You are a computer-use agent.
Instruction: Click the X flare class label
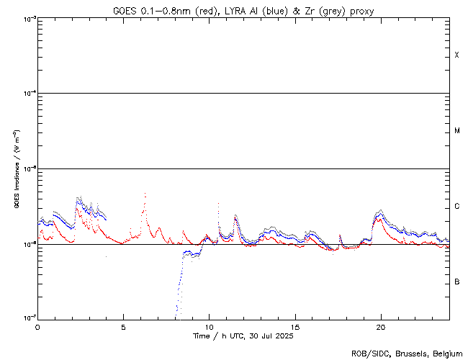coord(456,55)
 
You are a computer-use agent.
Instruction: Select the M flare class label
coord(456,131)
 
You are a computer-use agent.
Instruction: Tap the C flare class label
coord(456,207)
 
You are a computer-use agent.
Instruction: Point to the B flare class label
coord(456,282)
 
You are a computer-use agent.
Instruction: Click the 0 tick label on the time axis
coord(37,326)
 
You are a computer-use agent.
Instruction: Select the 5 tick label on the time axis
coord(123,326)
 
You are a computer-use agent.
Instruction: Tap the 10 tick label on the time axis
coord(209,326)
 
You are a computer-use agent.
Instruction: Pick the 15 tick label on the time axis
coord(294,326)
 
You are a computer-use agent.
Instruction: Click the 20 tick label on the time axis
coord(380,326)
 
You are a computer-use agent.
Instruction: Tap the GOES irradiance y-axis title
coord(16,170)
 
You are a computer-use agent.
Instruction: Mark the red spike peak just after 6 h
coord(145,194)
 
